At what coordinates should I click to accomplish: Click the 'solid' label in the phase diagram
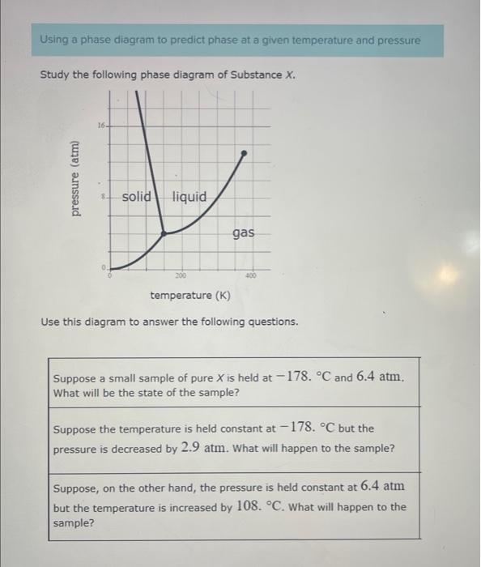pyautogui.click(x=137, y=197)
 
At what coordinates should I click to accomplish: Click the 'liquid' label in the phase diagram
pyautogui.click(x=189, y=197)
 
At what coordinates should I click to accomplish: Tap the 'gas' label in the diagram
pyautogui.click(x=243, y=233)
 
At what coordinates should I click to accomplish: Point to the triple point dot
pyautogui.click(x=164, y=233)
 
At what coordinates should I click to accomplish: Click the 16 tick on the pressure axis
pyautogui.click(x=101, y=126)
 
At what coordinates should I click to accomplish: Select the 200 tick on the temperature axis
pyautogui.click(x=181, y=276)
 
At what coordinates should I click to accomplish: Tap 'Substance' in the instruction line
pyautogui.click(x=248, y=75)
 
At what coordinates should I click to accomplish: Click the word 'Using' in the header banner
pyautogui.click(x=56, y=40)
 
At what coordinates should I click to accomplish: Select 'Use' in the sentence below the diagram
pyautogui.click(x=51, y=322)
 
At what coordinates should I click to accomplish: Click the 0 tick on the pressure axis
pyautogui.click(x=104, y=266)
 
